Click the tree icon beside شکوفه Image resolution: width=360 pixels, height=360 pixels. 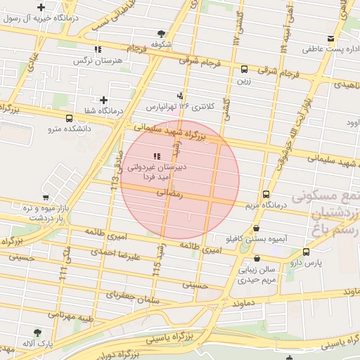coord(162,33)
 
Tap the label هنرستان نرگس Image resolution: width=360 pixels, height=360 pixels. coord(98,61)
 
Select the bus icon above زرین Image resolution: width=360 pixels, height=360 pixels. coord(244,69)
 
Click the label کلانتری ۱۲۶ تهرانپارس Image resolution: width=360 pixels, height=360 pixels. coord(181,107)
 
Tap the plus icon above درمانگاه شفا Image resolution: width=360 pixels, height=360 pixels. coord(103,100)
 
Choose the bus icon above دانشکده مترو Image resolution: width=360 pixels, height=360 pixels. coord(68,118)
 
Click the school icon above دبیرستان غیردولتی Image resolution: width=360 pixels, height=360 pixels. coord(155,155)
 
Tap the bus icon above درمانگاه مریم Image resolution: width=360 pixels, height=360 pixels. coord(266,194)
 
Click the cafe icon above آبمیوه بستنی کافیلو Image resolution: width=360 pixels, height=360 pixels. coord(255,228)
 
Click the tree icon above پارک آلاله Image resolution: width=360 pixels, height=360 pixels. coord(37,332)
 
